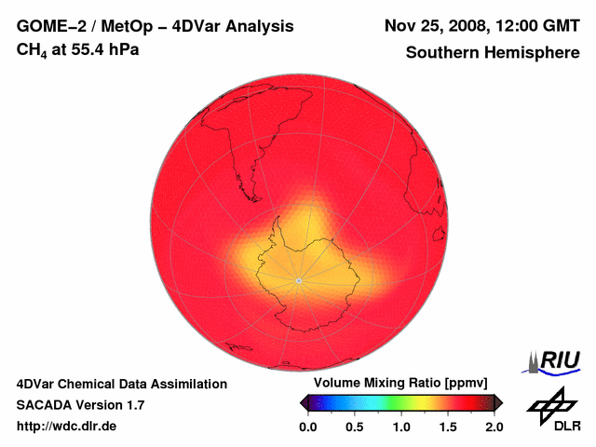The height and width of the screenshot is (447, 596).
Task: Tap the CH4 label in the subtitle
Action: point(33,50)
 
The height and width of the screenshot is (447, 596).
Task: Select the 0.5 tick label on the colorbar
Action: point(354,427)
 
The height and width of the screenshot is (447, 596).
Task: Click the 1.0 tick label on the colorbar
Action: point(401,427)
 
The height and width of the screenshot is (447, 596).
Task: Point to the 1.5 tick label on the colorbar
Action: point(448,427)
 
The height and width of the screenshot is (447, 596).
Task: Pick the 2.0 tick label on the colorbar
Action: point(494,427)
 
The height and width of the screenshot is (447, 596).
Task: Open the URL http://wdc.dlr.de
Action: point(67,427)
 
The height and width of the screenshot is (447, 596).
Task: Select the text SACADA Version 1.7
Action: point(80,405)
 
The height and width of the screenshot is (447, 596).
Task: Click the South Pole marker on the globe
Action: point(298,280)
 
